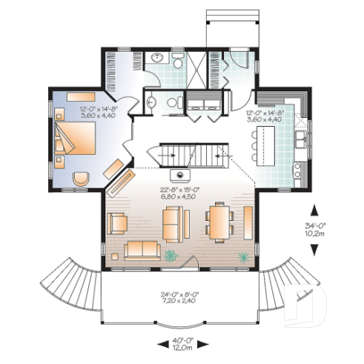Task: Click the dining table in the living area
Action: click(x=219, y=221)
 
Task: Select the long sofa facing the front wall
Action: click(x=141, y=249)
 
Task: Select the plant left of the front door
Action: click(x=172, y=257)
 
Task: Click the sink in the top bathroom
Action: click(x=156, y=59)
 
